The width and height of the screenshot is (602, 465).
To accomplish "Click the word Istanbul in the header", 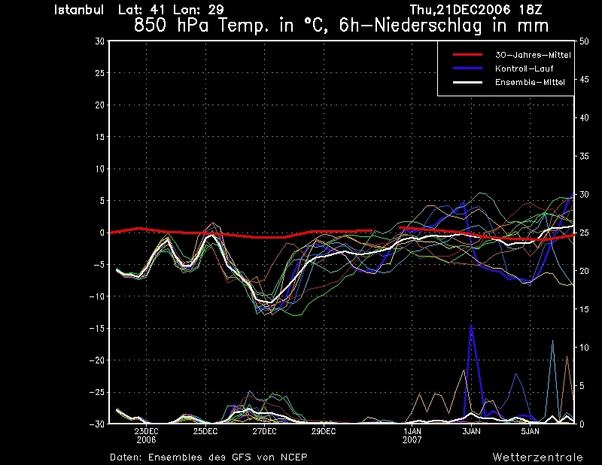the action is coord(79,10).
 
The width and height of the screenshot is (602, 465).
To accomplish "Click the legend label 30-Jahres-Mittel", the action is coord(533,55).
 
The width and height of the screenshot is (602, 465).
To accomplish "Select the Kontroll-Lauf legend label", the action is coord(524,68).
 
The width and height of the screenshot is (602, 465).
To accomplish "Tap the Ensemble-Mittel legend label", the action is coord(530,82).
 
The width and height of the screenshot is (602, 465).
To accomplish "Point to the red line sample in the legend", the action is coord(467,55).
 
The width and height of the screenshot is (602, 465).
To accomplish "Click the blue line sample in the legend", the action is coord(467,68).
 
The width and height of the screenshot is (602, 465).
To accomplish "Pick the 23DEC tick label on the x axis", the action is coord(146,431).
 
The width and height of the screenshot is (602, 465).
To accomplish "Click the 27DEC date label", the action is coord(264,431).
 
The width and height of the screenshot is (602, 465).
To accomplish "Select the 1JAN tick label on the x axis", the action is coord(412,431).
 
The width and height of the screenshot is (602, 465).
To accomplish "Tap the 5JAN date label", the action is coord(530,431).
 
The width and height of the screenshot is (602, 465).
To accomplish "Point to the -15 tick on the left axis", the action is coord(97,328).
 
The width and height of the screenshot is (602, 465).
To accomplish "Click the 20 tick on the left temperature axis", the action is coord(100,105).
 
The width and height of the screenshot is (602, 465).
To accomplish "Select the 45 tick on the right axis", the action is coord(584,80).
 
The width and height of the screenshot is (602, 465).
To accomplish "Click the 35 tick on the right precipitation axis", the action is coord(584,157).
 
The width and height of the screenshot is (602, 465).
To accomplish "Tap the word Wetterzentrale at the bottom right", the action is coord(537,457).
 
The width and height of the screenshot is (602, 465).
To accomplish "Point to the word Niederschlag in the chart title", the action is coord(427,26).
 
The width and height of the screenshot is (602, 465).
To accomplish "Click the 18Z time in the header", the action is coord(531,10).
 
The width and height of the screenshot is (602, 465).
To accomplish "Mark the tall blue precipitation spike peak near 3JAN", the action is coord(471,325).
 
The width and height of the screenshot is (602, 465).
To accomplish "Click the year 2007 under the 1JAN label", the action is coord(412,440).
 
